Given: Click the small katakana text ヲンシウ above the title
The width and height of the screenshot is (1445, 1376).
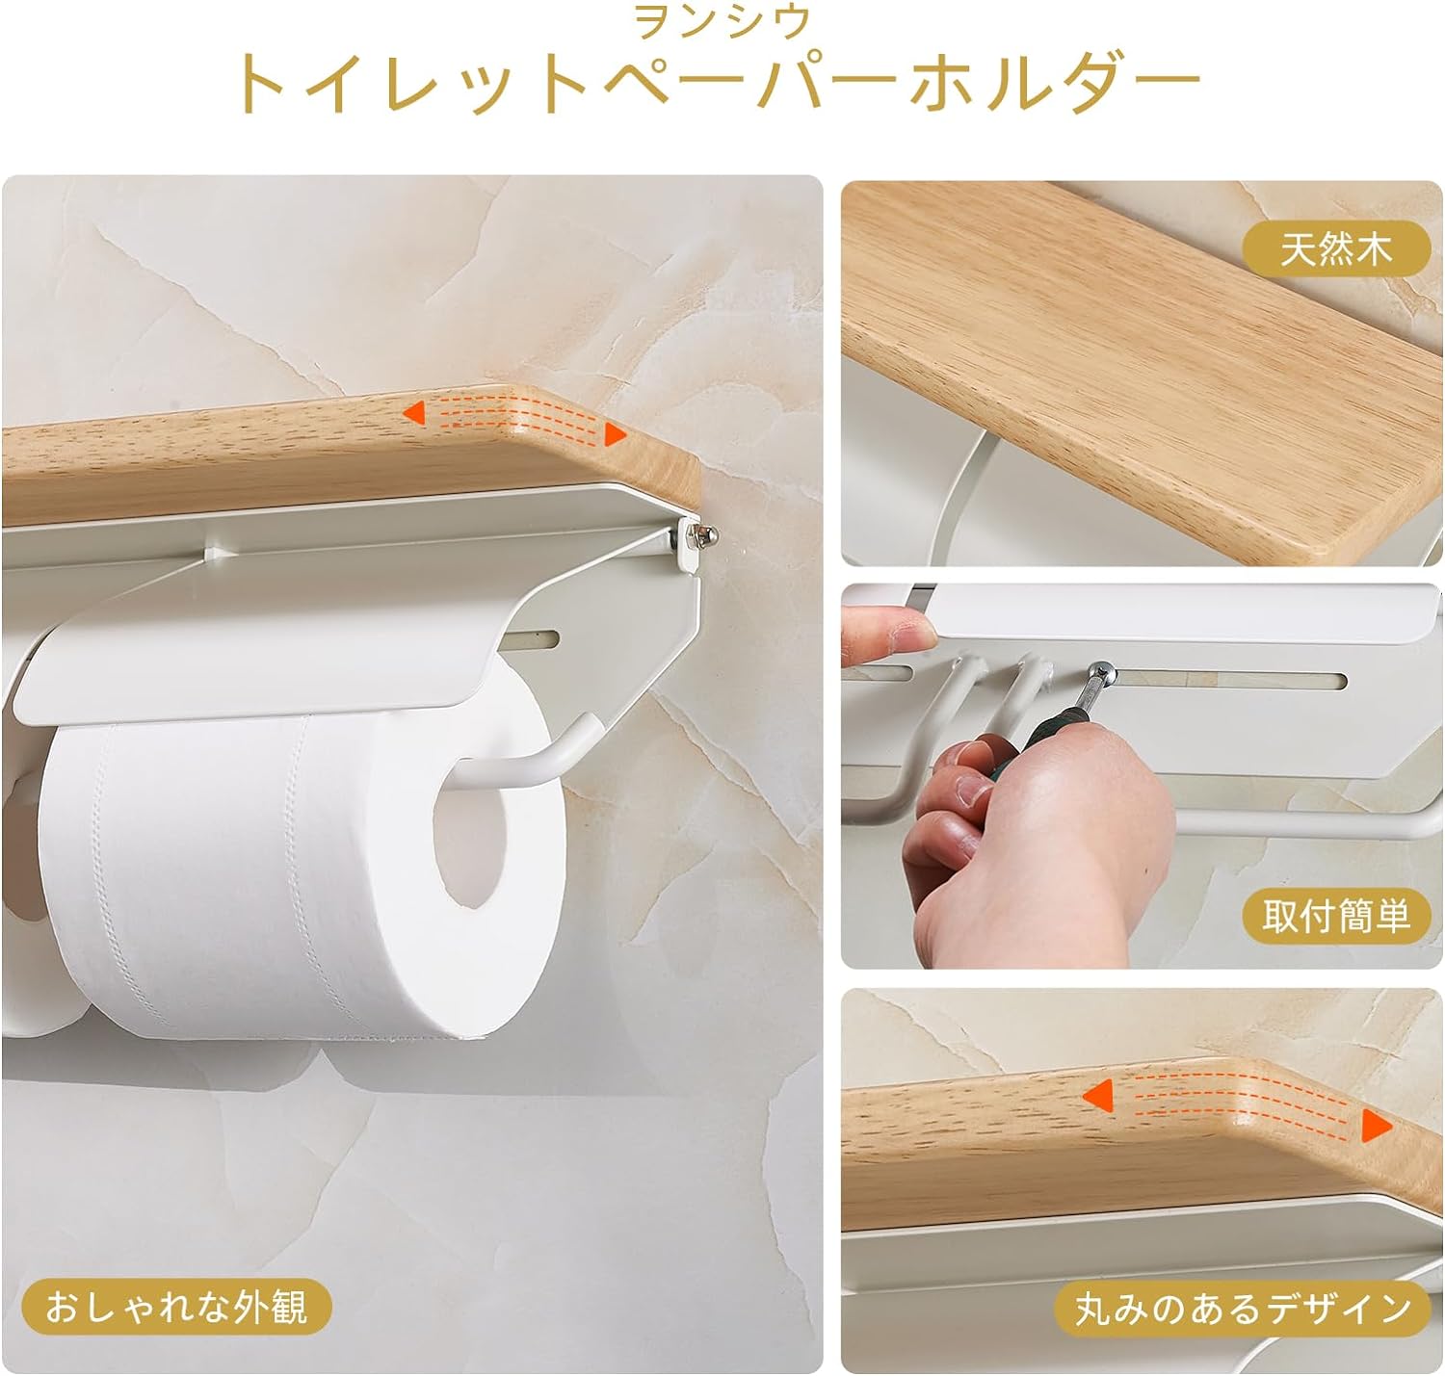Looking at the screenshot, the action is pyautogui.click(x=722, y=22).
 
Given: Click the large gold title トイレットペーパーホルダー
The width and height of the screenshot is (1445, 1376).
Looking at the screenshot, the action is pyautogui.click(x=718, y=82).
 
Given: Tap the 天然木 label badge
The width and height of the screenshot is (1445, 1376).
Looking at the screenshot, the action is pyautogui.click(x=1335, y=249).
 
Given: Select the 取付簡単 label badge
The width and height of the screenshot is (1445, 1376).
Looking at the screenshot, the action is pyautogui.click(x=1335, y=916).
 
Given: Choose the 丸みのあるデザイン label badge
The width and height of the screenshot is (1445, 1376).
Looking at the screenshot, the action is pyautogui.click(x=1242, y=1309).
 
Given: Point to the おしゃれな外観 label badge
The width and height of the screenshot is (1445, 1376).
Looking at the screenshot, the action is pyautogui.click(x=176, y=1307).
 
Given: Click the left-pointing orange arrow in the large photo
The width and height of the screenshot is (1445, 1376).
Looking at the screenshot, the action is pyautogui.click(x=414, y=412).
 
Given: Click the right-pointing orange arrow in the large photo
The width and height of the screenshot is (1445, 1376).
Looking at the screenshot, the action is pyautogui.click(x=616, y=434).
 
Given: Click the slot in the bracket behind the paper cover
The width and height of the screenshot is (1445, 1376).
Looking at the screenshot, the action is pyautogui.click(x=529, y=640).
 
